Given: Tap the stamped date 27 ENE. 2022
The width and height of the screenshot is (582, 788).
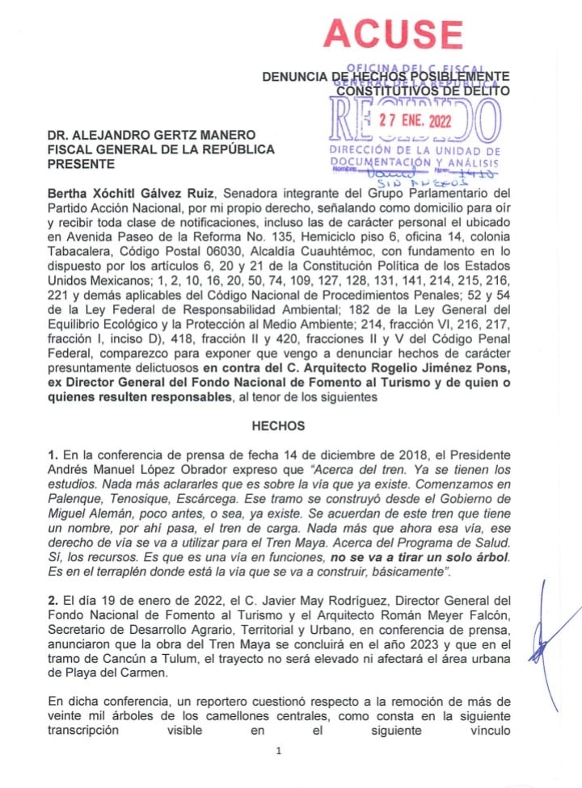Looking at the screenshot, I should (416, 120).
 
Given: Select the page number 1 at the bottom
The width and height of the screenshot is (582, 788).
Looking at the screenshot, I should (278, 752).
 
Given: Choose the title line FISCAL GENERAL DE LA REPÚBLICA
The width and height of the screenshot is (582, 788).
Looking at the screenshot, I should (161, 149).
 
